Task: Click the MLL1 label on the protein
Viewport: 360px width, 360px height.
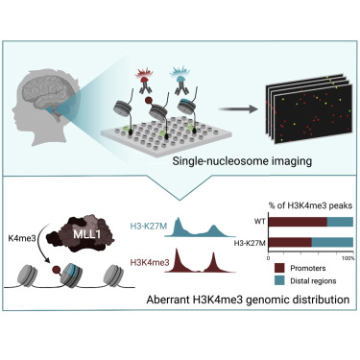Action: (86, 234)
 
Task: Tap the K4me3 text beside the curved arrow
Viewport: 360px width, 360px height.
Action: (22, 238)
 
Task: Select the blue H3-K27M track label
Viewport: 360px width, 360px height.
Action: (149, 227)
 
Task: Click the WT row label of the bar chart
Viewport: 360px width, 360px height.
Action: (260, 221)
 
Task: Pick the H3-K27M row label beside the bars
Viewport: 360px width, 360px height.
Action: (250, 243)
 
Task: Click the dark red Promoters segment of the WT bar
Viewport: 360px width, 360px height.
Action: (298, 222)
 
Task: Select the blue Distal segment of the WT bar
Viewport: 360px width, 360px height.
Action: (340, 222)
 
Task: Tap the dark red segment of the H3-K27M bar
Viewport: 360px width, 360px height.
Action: (290, 243)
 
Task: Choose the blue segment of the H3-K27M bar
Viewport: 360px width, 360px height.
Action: (332, 243)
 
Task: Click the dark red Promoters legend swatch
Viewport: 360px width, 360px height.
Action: (279, 268)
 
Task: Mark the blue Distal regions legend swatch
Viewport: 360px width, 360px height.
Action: (279, 280)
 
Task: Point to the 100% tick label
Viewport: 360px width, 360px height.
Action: (348, 258)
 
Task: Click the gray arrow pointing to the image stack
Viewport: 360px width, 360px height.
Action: (238, 109)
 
